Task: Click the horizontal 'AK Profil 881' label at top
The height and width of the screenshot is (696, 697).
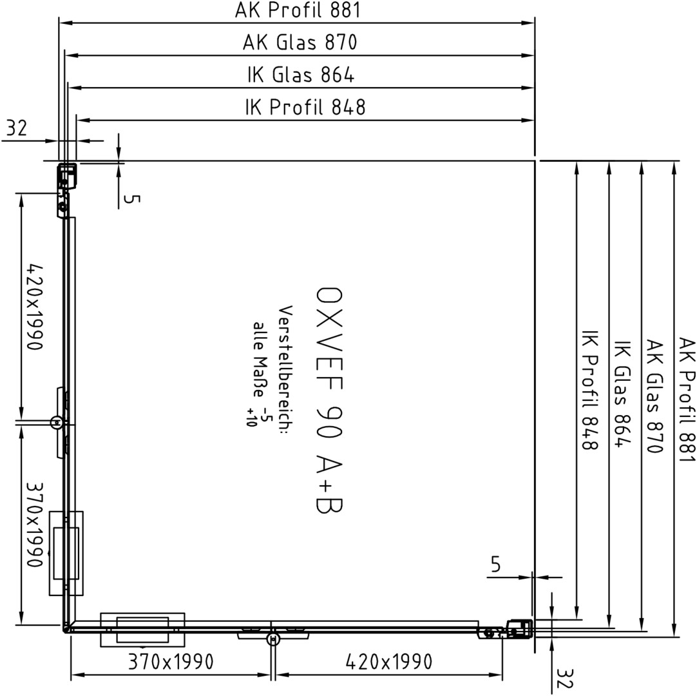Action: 298,10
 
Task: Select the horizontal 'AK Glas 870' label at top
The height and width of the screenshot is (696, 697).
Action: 300,43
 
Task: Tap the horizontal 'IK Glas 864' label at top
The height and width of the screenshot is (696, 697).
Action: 301,75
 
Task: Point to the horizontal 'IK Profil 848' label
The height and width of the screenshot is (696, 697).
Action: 305,107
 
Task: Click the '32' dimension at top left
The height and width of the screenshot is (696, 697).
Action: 17,128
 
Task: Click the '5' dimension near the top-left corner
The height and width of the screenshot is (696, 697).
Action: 131,198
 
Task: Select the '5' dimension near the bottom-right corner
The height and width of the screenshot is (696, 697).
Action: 495,565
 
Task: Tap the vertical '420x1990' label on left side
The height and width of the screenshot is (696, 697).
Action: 35,307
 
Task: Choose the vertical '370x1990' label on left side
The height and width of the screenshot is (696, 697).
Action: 35,525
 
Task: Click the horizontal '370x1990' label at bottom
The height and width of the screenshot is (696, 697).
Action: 171,662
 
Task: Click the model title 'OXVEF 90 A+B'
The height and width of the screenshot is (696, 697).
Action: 329,400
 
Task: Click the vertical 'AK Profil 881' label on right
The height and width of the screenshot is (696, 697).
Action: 686,400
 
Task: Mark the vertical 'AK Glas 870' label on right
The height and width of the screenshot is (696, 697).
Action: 654,396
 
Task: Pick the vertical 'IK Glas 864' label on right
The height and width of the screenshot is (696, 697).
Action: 622,394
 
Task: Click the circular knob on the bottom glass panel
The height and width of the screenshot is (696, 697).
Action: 273,639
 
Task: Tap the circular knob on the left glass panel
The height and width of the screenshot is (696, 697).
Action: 57,422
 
